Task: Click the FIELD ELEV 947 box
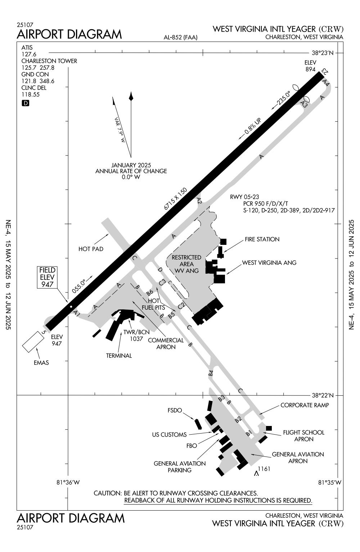click(48, 277)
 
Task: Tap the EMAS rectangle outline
click(33, 341)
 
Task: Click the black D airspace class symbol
click(26, 103)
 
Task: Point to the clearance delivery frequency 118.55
click(30, 95)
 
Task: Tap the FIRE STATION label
click(262, 239)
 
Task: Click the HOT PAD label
click(91, 249)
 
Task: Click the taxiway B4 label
click(211, 373)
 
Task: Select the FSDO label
click(175, 410)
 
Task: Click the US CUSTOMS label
click(169, 435)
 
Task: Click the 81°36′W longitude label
click(68, 482)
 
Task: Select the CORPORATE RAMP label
click(305, 405)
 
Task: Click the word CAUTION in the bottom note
click(107, 493)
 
